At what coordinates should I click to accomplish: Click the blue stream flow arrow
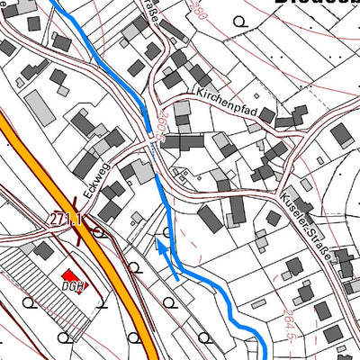[x=163, y=247]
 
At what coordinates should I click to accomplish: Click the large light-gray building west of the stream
[x=39, y=108]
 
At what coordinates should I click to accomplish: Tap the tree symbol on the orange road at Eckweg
[x=100, y=232]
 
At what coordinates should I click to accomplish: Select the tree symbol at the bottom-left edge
[x=64, y=337]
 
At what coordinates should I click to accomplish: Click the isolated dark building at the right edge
[x=341, y=135]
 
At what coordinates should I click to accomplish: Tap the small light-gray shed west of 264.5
[x=262, y=241]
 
